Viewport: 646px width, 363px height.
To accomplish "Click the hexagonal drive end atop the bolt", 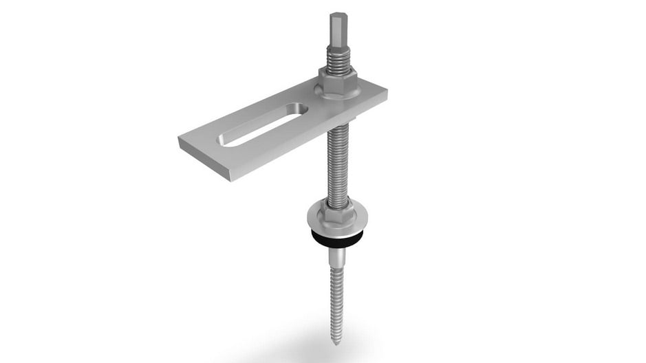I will pyautogui.click(x=337, y=31).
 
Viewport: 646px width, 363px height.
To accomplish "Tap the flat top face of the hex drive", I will pyautogui.click(x=337, y=14).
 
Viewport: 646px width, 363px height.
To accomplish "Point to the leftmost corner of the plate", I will pyautogui.click(x=179, y=140).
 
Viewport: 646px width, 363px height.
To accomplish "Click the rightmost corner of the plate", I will pyautogui.click(x=386, y=89).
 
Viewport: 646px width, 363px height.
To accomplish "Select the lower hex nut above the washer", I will pyautogui.click(x=336, y=210).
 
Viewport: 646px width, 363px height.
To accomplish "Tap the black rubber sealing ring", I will pyautogui.click(x=337, y=240).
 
